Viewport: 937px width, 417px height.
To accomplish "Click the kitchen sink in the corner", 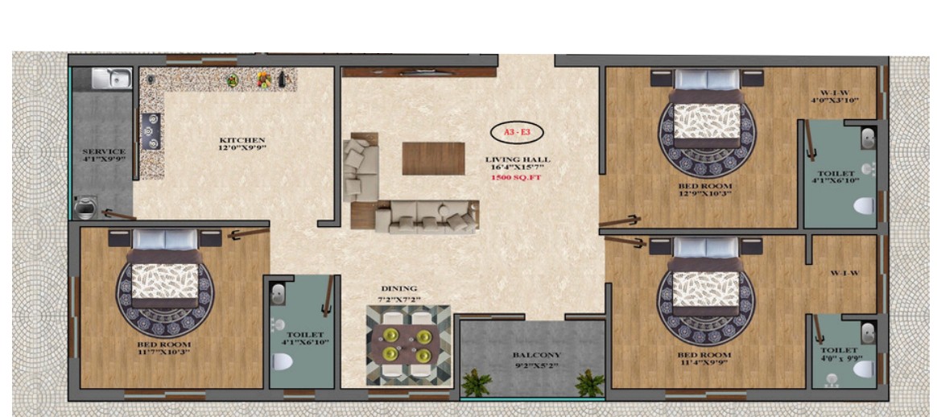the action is coord(112,79).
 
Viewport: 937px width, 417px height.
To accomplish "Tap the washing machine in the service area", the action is coord(85,208).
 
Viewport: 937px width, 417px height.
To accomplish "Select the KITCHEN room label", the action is coord(233,140).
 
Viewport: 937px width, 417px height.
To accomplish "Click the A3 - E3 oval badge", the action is coord(517,133).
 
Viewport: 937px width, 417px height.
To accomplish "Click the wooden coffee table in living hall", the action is coord(433,159).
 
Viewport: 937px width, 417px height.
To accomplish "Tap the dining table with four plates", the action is coord(407,346).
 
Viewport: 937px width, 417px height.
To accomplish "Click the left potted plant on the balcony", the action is coord(477,383).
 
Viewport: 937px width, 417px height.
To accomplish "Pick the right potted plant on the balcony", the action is coord(589,383).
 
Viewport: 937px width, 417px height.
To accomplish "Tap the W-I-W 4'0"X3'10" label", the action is coord(835,96).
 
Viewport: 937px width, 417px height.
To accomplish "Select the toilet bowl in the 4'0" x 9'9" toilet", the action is coord(863,369).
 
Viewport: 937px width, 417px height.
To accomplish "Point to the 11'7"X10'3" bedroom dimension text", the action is coord(164,353).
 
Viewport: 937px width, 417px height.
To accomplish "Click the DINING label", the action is coord(399,288).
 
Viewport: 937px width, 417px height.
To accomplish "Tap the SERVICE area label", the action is coord(104,151).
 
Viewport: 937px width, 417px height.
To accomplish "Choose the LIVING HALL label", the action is coord(518,159).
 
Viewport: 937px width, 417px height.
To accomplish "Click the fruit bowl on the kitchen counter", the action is coord(263,80).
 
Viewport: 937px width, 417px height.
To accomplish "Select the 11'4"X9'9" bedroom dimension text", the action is coord(704,362).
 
